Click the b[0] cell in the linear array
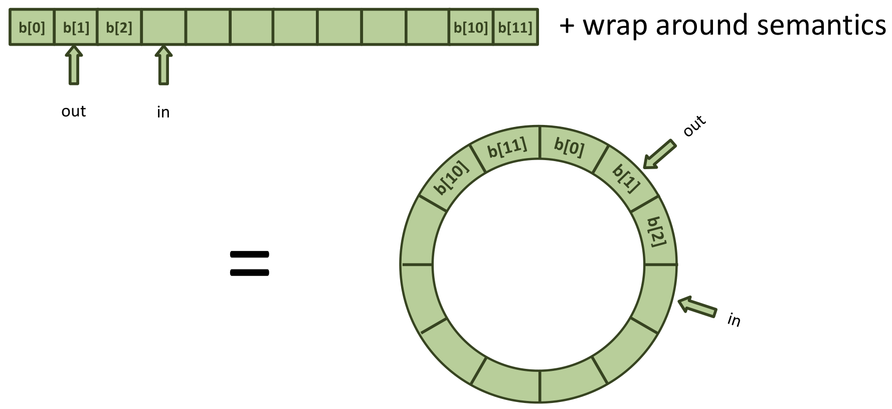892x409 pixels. point(32,27)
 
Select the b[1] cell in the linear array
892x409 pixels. point(76,27)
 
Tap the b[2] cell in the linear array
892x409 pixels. point(119,27)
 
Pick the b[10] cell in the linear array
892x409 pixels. point(471,27)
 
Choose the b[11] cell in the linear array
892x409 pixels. point(515,27)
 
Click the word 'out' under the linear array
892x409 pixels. point(74,111)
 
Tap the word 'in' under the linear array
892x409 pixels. point(163,112)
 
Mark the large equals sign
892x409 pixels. point(249,263)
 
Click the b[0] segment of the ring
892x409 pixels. point(570,147)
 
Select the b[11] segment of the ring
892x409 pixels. point(507,148)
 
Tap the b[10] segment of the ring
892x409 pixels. point(452,178)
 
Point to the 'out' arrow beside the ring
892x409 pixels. point(659,155)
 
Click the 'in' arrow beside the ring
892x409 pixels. point(697,307)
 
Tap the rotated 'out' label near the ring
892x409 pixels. point(695,126)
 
